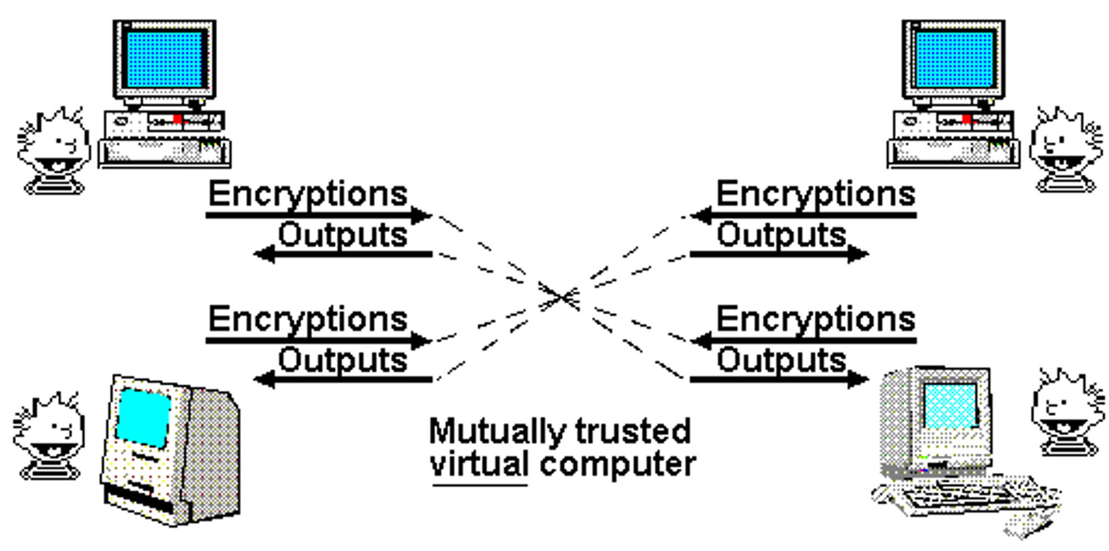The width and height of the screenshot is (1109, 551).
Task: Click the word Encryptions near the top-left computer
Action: click(308, 195)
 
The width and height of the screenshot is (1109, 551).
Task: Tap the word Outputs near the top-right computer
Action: click(781, 235)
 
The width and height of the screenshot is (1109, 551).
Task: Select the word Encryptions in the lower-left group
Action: click(308, 320)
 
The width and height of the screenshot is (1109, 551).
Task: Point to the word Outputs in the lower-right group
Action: click(781, 360)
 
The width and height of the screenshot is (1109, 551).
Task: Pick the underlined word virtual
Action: click(479, 465)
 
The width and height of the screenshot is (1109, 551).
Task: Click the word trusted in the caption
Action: click(633, 431)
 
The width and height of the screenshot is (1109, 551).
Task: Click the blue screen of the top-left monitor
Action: click(165, 59)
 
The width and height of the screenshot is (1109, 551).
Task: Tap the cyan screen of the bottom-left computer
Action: click(143, 417)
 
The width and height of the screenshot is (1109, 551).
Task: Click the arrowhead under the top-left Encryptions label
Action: click(422, 215)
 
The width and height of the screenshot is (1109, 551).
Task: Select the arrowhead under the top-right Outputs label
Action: click(858, 254)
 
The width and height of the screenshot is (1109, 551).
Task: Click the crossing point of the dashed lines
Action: click(563, 297)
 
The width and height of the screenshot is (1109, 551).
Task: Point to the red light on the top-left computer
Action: click(177, 119)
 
